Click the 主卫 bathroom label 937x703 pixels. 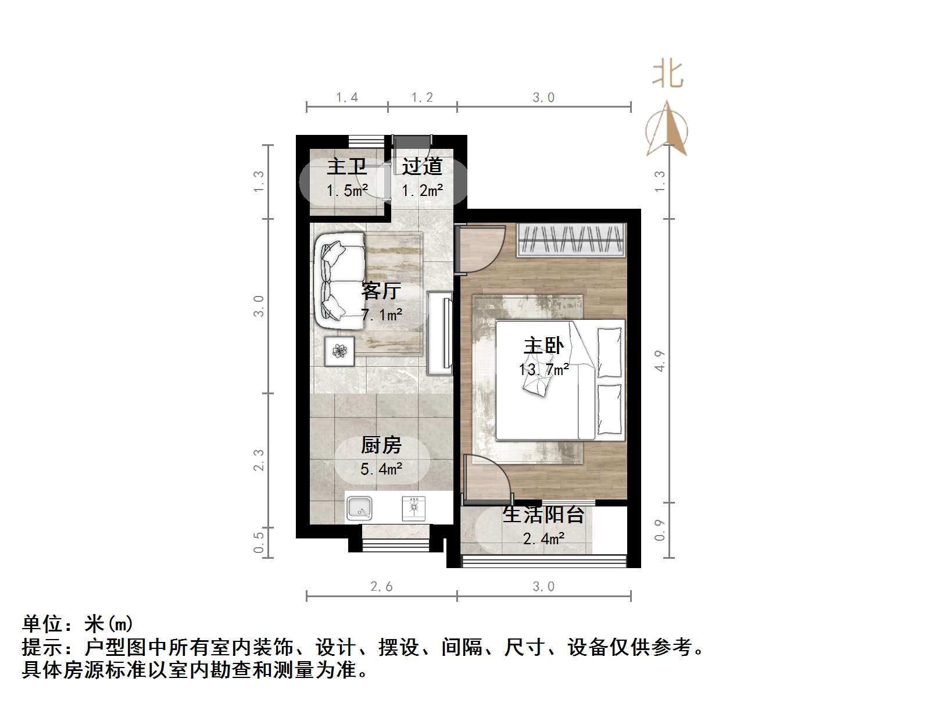(x=347, y=167)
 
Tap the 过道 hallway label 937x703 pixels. (x=422, y=167)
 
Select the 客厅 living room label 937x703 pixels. (x=381, y=290)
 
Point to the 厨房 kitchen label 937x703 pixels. (x=381, y=445)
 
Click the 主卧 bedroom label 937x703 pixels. (x=543, y=346)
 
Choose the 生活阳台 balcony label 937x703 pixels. (x=543, y=515)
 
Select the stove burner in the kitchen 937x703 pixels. (x=414, y=508)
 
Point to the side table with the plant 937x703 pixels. (x=339, y=351)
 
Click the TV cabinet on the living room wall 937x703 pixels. (x=440, y=333)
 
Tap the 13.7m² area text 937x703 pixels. (x=543, y=369)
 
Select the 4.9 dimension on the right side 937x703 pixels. (x=659, y=361)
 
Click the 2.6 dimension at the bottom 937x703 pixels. (x=381, y=586)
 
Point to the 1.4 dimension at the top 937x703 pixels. (x=347, y=98)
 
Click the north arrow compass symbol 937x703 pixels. (x=667, y=129)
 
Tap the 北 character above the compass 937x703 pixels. (x=667, y=74)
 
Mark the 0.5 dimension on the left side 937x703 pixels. (x=259, y=542)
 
